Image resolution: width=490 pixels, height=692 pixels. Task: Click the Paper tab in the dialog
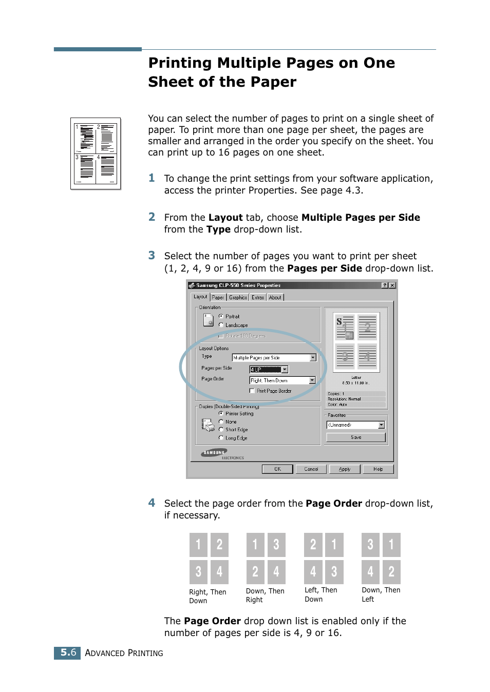pyautogui.click(x=218, y=297)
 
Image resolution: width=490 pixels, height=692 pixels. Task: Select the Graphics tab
pyautogui.click(x=238, y=297)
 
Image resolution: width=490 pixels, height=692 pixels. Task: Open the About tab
pyautogui.click(x=275, y=297)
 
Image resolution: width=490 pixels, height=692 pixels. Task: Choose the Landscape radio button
pyautogui.click(x=221, y=325)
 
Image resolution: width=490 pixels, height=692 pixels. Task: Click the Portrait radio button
pyautogui.click(x=221, y=316)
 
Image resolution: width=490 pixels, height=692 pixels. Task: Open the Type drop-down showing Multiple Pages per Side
pyautogui.click(x=313, y=358)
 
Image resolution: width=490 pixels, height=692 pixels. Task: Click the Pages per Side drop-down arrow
pyautogui.click(x=285, y=370)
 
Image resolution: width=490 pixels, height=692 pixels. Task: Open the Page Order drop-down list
pyautogui.click(x=312, y=380)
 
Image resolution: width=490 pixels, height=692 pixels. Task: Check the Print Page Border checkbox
pyautogui.click(x=252, y=391)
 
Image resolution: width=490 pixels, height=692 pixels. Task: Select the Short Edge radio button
pyautogui.click(x=221, y=430)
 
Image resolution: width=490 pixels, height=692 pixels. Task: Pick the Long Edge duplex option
pyautogui.click(x=221, y=438)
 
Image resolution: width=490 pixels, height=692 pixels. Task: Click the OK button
pyautogui.click(x=277, y=469)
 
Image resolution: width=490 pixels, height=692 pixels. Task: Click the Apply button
pyautogui.click(x=345, y=469)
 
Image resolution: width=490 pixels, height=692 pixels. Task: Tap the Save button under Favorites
pyautogui.click(x=356, y=437)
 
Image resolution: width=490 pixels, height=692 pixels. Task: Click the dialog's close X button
pyautogui.click(x=392, y=285)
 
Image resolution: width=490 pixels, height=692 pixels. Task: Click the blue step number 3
pyautogui.click(x=152, y=256)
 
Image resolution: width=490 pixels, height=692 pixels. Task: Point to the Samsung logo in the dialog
pyautogui.click(x=214, y=453)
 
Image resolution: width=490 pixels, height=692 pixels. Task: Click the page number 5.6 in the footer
pyautogui.click(x=68, y=652)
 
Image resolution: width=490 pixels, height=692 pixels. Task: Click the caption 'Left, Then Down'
pyautogui.click(x=321, y=594)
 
